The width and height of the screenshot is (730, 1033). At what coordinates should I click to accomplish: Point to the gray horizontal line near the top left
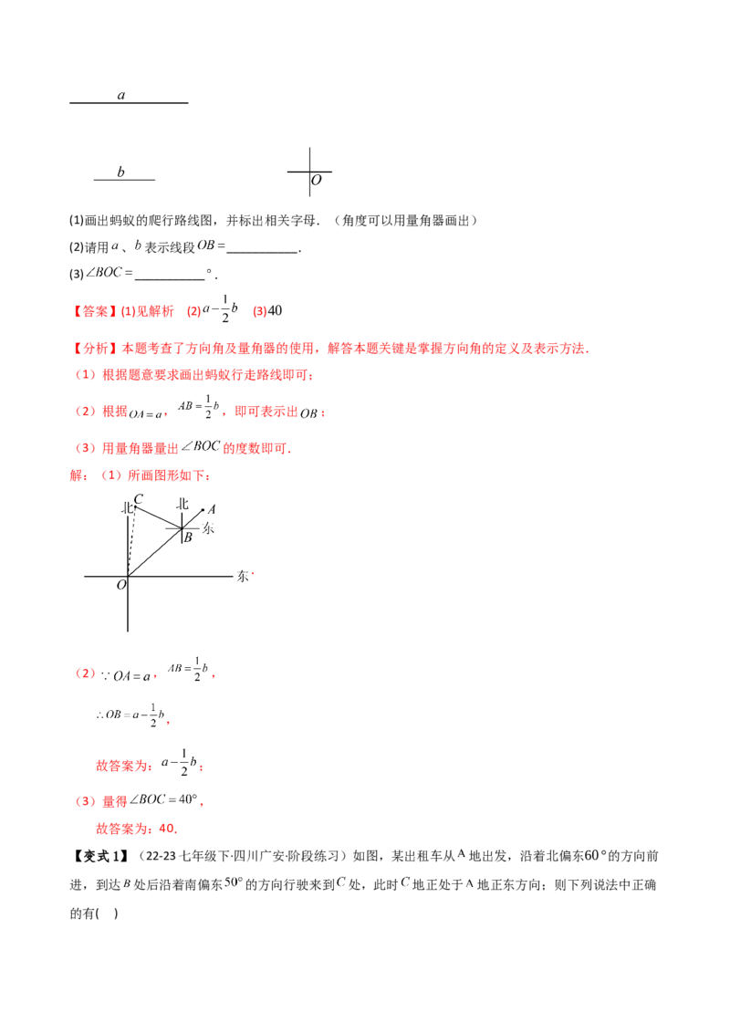[124, 179]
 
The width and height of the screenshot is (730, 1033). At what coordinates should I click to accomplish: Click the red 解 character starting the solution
[74, 475]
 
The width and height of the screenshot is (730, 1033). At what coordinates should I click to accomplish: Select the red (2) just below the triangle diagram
[84, 673]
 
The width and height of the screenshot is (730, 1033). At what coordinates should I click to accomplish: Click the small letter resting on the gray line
[122, 169]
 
